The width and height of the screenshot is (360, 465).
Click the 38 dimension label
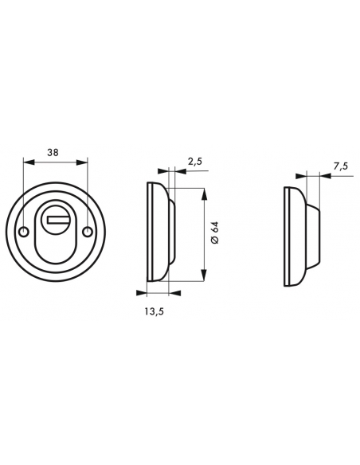click(53, 152)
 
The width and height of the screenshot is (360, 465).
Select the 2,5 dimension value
click(195, 162)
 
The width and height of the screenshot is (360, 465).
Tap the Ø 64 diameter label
click(215, 232)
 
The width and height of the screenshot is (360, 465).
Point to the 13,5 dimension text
click(155, 311)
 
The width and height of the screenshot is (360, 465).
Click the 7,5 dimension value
click(340, 166)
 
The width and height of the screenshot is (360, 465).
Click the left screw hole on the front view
click(23, 232)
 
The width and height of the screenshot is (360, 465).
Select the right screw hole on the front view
click(87, 232)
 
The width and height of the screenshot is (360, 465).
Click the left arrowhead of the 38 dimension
click(29, 162)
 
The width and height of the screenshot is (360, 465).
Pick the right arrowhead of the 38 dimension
click(82, 162)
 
